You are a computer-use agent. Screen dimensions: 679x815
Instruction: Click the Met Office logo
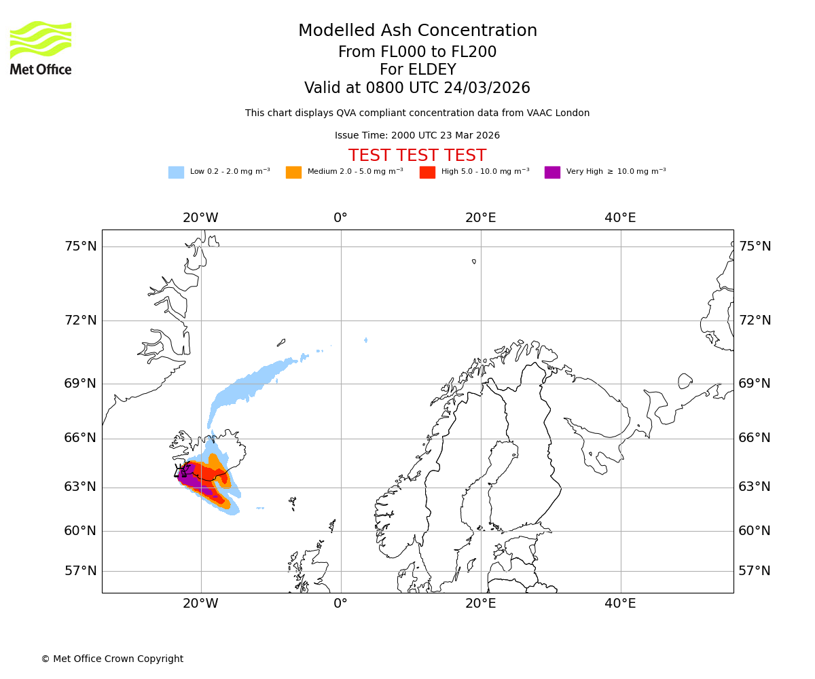pos(41,48)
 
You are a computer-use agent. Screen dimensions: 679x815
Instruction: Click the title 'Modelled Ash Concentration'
pos(418,31)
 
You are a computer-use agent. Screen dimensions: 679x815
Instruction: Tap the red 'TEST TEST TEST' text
pos(417,155)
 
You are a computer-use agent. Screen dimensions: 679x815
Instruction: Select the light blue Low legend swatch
pos(176,172)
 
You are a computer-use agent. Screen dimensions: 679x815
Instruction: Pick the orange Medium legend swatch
pos(293,172)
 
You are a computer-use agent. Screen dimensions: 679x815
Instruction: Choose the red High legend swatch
pos(427,172)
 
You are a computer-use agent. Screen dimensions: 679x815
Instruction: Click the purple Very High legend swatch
pos(552,172)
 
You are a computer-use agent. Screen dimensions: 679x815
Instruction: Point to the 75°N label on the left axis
pos(81,246)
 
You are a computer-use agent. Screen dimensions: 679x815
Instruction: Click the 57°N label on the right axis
pos(755,571)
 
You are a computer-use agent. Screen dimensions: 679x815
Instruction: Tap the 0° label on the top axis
pos(340,218)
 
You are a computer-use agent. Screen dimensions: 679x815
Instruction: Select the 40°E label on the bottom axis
pos(620,604)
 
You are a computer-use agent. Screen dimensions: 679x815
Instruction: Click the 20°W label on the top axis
pos(200,218)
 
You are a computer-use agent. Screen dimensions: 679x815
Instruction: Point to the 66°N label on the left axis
pos(81,438)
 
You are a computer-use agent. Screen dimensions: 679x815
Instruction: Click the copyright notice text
pos(112,659)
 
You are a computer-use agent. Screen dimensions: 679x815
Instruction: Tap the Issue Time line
pos(417,136)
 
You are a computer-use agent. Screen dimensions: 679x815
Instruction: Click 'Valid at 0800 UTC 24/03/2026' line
pos(417,88)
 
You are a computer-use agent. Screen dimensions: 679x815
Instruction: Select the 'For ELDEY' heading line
pos(417,70)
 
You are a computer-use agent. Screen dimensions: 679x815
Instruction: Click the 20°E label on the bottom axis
pos(480,604)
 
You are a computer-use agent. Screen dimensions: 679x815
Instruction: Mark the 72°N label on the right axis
pos(755,320)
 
